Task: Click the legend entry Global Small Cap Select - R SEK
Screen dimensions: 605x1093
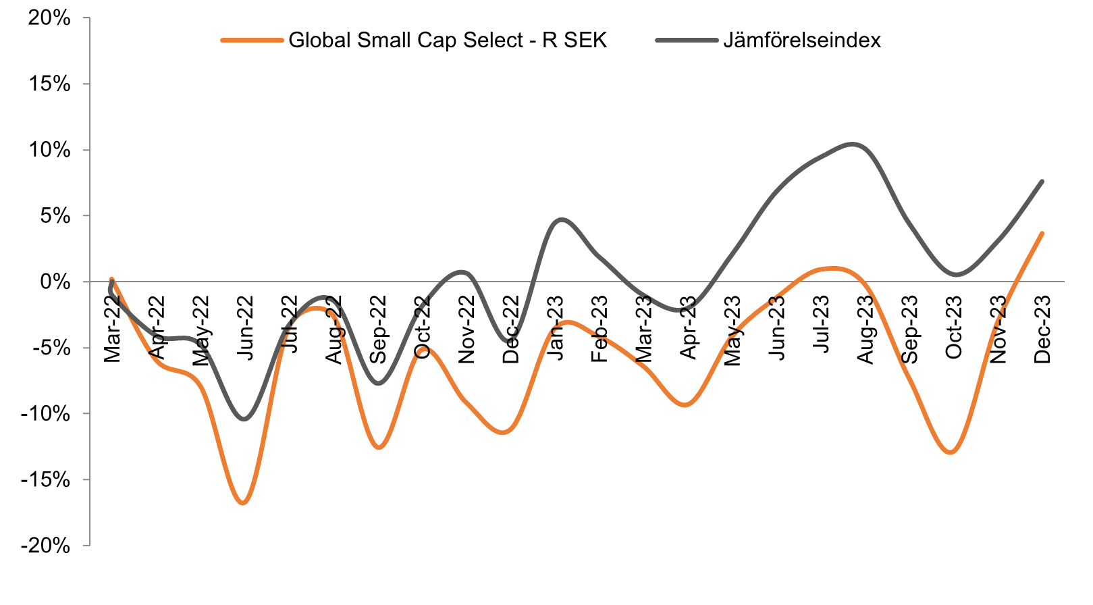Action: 447,40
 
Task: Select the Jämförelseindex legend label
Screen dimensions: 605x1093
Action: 801,40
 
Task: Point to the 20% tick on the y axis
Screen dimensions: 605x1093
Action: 49,18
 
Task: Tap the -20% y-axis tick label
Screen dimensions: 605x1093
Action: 45,546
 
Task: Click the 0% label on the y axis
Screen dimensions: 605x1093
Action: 55,282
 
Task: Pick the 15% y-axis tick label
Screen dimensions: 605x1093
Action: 49,84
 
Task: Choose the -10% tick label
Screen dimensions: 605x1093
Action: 45,413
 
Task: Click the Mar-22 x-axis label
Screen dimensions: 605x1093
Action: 112,329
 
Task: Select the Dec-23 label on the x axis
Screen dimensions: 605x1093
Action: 1042,330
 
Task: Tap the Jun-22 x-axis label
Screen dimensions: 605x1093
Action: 245,328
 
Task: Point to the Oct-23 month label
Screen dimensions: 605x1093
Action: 954,328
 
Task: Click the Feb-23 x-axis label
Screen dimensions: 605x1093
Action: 599,329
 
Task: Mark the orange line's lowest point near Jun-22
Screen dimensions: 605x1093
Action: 244,503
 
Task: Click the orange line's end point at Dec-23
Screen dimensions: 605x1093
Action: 1042,234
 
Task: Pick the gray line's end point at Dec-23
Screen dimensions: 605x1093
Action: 1042,181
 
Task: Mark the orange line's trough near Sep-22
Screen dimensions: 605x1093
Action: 379,448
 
